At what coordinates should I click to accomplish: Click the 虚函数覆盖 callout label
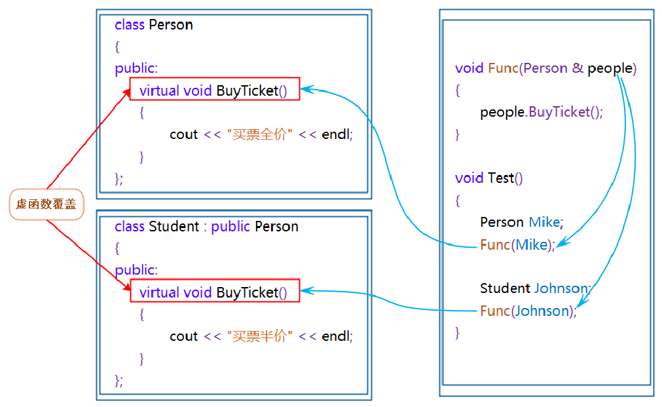click(46, 204)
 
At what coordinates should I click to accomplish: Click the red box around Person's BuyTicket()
click(214, 90)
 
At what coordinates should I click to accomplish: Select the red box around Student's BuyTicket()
click(214, 292)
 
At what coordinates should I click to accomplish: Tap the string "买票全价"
click(259, 134)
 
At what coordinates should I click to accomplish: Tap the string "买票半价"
click(259, 336)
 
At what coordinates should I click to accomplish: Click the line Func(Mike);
click(517, 244)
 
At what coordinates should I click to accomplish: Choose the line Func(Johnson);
click(528, 311)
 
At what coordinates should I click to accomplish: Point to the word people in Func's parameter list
click(610, 68)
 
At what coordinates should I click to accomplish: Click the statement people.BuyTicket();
click(541, 112)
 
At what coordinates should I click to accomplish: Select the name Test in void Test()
click(501, 178)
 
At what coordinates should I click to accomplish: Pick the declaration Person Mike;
click(521, 222)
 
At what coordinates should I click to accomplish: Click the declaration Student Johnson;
click(535, 288)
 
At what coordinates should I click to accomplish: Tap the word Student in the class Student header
click(174, 227)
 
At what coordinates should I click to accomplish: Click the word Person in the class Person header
click(171, 25)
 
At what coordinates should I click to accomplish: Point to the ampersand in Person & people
click(578, 68)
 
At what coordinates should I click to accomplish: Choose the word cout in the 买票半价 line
click(183, 336)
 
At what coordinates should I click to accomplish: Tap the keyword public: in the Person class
click(136, 68)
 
